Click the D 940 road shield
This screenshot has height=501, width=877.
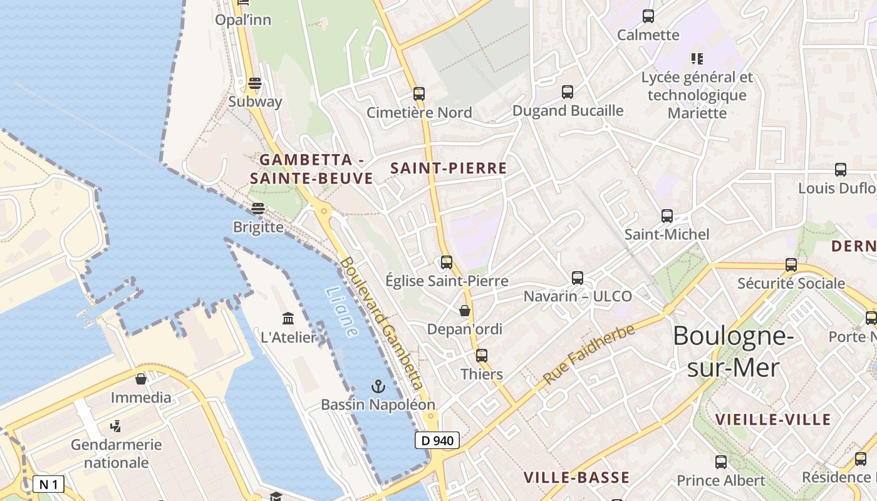click(x=437, y=440)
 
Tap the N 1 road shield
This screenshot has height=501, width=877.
click(x=48, y=484)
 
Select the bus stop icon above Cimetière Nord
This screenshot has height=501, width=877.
click(x=419, y=94)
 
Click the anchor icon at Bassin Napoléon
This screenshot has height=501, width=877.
click(x=378, y=386)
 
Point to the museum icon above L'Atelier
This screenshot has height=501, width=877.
click(x=288, y=319)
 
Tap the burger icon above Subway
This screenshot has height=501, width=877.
click(x=254, y=83)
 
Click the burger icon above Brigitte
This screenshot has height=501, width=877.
click(x=258, y=209)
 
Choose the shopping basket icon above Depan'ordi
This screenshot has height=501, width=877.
click(x=465, y=311)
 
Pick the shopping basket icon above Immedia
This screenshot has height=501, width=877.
click(x=141, y=379)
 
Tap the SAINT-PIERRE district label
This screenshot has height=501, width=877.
click(x=449, y=168)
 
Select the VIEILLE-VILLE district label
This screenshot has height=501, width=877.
click(x=773, y=420)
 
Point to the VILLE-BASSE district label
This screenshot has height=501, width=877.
click(x=576, y=477)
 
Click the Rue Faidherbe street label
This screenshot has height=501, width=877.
click(x=589, y=354)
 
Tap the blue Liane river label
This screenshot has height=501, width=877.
click(x=342, y=312)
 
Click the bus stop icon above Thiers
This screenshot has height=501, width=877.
click(x=481, y=356)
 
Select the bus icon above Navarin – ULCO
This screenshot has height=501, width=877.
click(x=578, y=277)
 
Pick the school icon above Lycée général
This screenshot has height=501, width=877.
click(x=697, y=59)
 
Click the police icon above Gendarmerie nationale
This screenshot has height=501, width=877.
click(x=115, y=426)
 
